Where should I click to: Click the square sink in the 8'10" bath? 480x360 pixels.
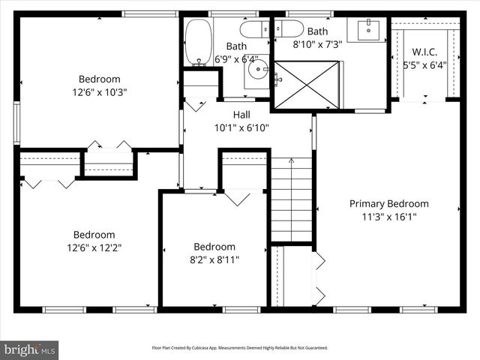click(368, 31)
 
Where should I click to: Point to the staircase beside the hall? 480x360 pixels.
click(291, 199)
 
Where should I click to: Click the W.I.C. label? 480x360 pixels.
click(424, 52)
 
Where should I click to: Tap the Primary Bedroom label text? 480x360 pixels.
click(388, 203)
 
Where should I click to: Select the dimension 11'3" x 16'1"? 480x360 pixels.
click(388, 217)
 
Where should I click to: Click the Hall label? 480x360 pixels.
click(241, 114)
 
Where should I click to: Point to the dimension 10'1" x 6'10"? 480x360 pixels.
click(241, 127)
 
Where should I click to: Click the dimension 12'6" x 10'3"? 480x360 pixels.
click(99, 92)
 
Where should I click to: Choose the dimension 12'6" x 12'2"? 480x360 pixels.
click(94, 247)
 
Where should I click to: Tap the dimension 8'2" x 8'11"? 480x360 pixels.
click(214, 259)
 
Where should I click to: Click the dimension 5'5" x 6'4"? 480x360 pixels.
click(424, 64)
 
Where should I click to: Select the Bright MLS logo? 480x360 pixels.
click(30, 349)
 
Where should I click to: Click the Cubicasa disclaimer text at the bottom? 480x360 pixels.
click(239, 348)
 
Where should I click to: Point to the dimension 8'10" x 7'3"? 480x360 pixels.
click(317, 44)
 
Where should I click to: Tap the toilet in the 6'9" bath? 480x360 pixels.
click(251, 29)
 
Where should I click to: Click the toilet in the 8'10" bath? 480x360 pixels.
click(289, 28)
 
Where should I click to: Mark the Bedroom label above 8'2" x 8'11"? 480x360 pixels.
click(214, 247)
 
